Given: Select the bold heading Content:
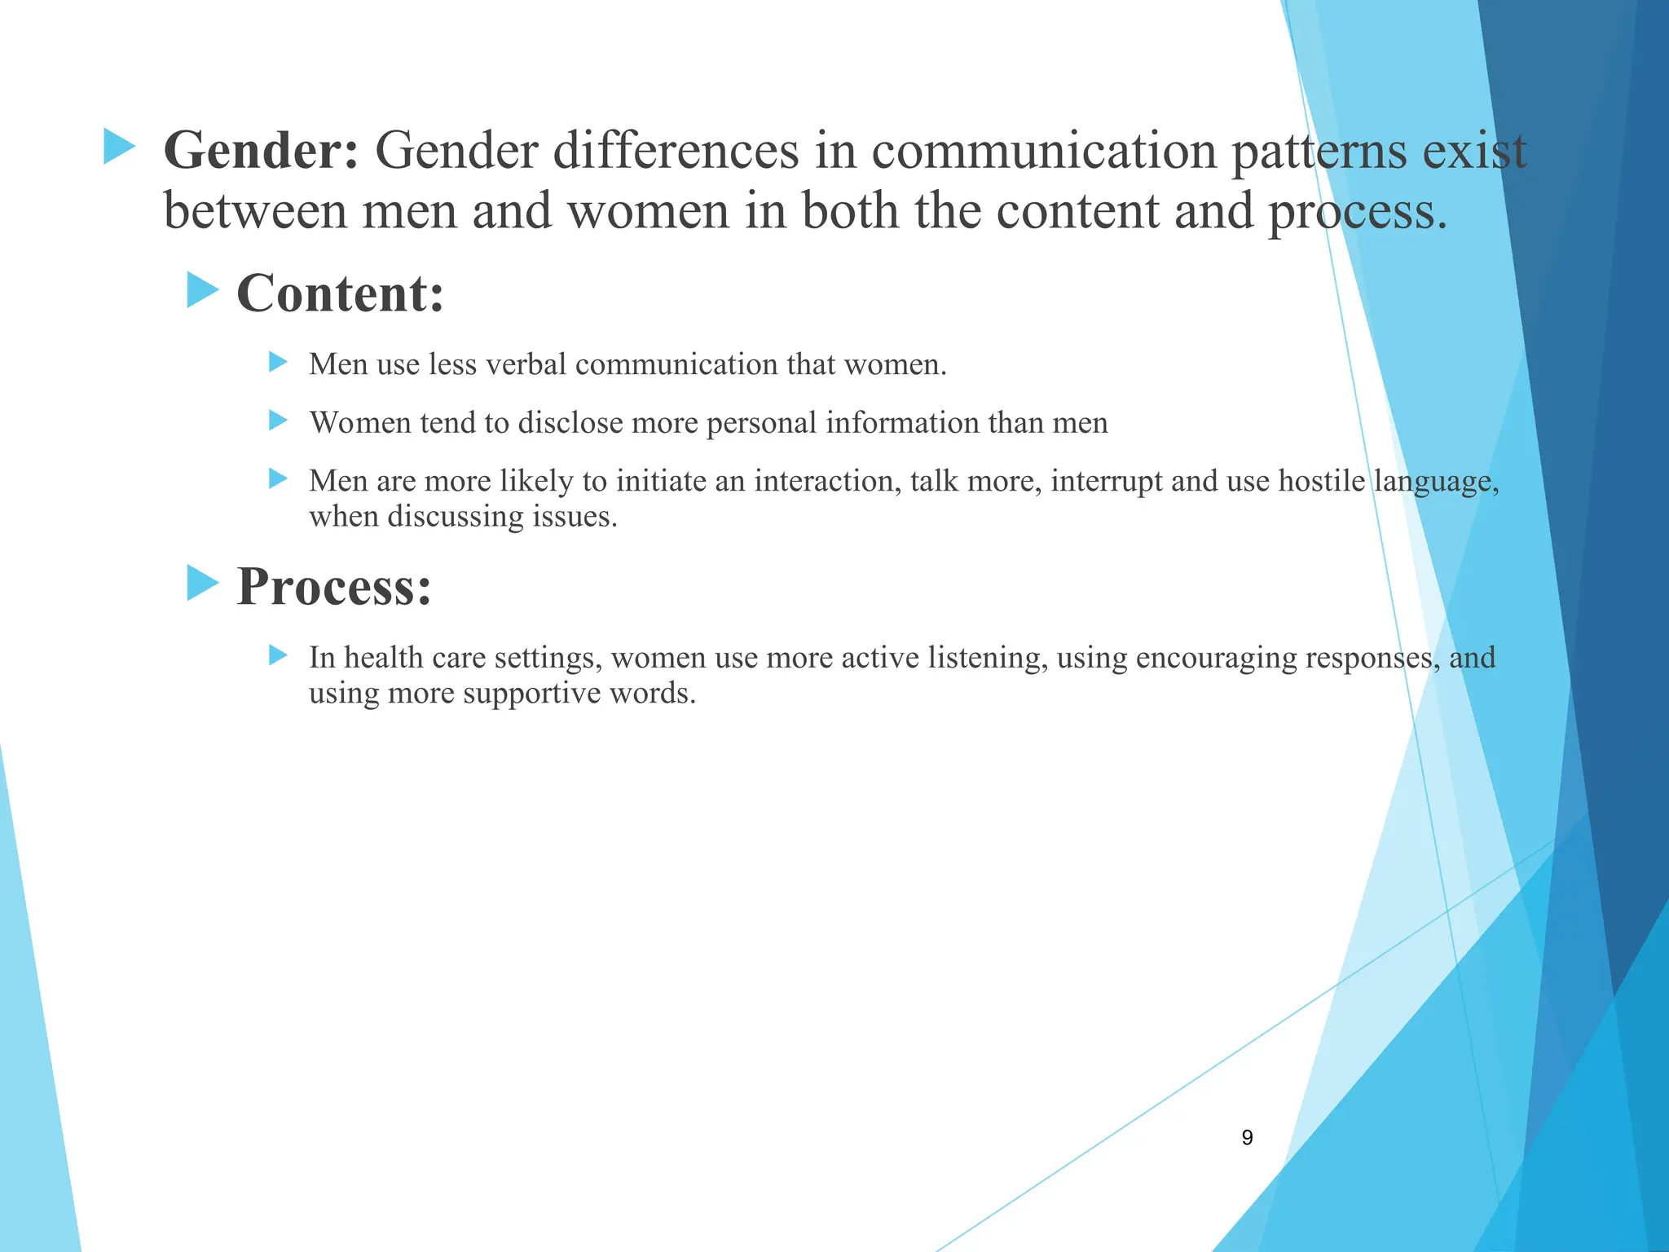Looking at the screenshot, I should click(341, 293).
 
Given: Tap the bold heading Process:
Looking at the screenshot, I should click(333, 586).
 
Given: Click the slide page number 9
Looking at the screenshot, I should click(1247, 1138).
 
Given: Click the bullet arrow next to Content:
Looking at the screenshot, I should click(203, 290).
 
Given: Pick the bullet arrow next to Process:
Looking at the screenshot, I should click(203, 583).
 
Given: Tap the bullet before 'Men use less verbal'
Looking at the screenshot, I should click(279, 362).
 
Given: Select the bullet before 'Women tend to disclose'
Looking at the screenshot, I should click(279, 421).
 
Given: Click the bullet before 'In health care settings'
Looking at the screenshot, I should click(279, 655).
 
